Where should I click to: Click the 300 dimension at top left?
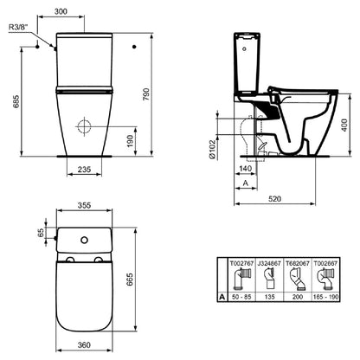[x=61, y=11]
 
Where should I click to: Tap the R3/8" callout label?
[x=19, y=27]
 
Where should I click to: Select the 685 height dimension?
[x=16, y=101]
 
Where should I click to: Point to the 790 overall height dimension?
[x=146, y=94]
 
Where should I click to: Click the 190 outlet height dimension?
[x=131, y=141]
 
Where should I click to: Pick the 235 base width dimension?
[x=84, y=170]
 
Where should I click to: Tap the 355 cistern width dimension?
[x=84, y=205]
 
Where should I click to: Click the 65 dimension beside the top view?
[x=42, y=233]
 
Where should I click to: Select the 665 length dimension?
[x=130, y=280]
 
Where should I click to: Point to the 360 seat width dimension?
[x=84, y=344]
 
